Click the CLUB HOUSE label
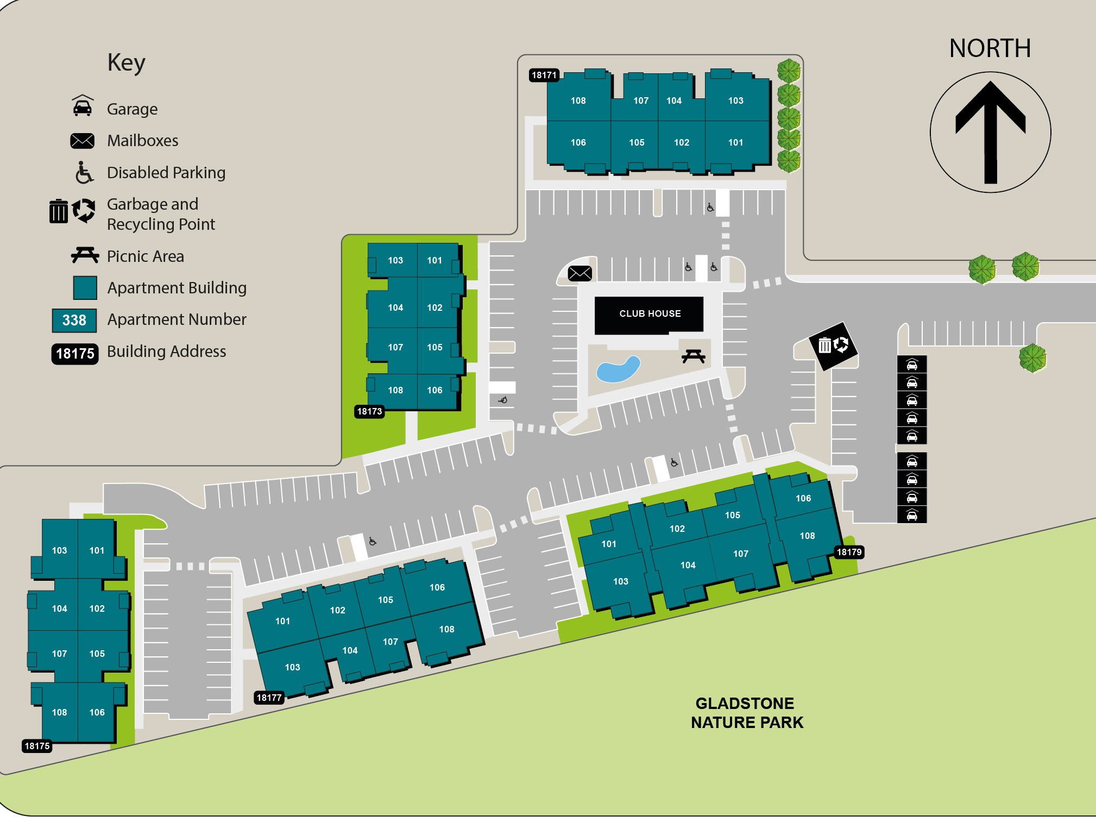(650, 313)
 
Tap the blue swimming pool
(618, 369)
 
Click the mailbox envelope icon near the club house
(580, 273)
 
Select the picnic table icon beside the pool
(693, 356)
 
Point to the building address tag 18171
(544, 75)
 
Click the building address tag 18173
(369, 411)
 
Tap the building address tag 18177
(269, 698)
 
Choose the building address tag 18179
(849, 552)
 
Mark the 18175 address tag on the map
(37, 746)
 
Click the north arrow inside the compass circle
(990, 132)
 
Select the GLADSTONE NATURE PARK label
(746, 713)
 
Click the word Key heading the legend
(126, 63)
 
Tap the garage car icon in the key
(82, 106)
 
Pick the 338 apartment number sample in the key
(74, 320)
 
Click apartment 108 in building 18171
(578, 101)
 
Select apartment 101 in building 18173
(434, 260)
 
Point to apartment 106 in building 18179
(803, 498)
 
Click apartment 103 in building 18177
(292, 667)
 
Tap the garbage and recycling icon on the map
(833, 345)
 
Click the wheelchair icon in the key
(84, 172)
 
